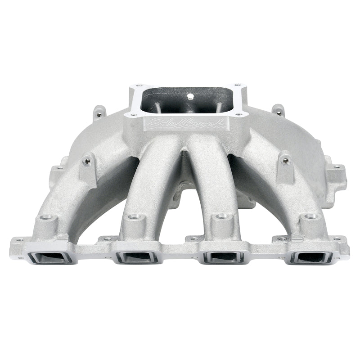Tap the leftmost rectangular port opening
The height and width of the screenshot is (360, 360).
point(46,257)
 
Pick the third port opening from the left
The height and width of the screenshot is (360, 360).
point(224,257)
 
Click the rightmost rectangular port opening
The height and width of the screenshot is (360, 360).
point(312,257)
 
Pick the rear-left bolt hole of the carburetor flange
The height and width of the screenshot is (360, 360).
point(138,85)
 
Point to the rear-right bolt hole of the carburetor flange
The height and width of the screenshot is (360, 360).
point(237,85)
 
